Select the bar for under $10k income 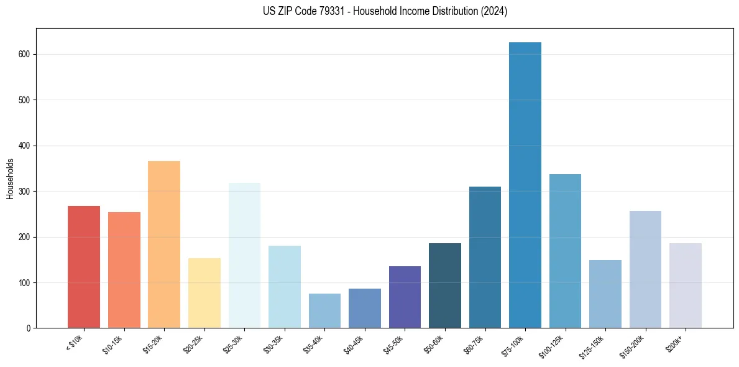coord(84,267)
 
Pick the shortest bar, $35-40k coord(324,311)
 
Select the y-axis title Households coord(11,179)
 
